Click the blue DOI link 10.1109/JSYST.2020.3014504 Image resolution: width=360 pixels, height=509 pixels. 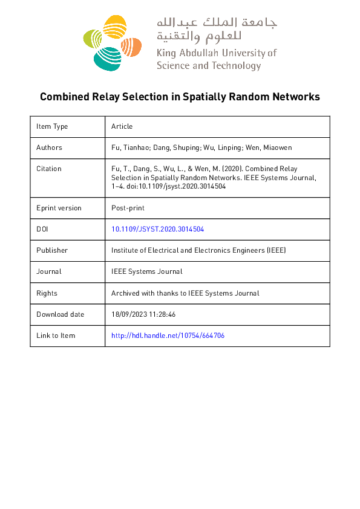[x=162, y=229]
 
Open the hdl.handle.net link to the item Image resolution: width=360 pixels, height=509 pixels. [x=168, y=336]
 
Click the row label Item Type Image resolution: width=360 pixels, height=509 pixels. [x=52, y=126]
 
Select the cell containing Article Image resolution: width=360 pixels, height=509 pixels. [x=122, y=126]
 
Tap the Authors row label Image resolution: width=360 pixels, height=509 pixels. [x=49, y=148]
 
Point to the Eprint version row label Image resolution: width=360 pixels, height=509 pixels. [x=59, y=208]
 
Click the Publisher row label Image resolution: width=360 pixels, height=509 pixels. [x=52, y=250]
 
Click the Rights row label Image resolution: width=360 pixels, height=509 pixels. [x=47, y=293]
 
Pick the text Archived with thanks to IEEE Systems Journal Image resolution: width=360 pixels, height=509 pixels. [x=185, y=293]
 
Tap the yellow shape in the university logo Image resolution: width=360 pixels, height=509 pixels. [x=114, y=28]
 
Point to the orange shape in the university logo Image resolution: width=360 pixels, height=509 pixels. [x=132, y=46]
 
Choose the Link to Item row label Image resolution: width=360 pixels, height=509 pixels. [x=56, y=336]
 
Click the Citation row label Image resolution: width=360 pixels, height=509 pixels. [x=49, y=169]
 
